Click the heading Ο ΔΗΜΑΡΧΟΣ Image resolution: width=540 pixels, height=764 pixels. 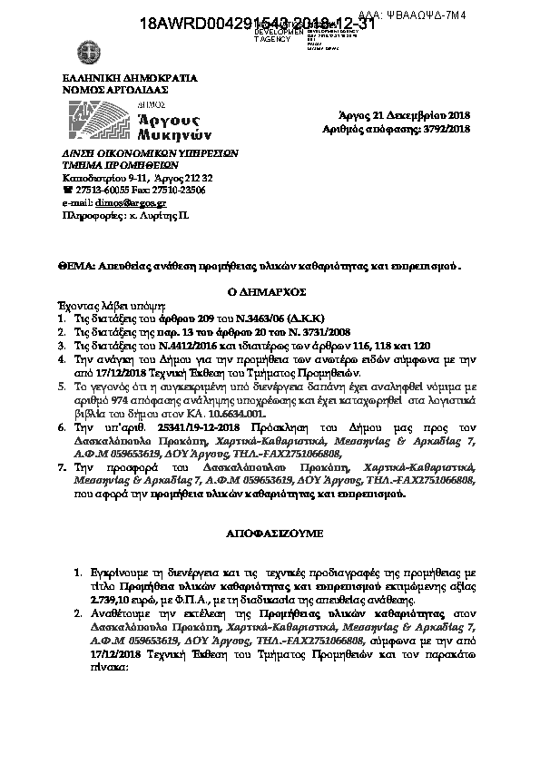tap(270, 293)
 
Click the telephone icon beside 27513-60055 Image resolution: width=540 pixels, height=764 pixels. tap(66, 191)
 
